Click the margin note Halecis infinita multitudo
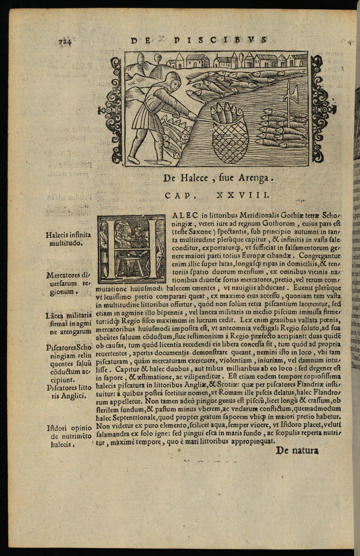tap(68, 239)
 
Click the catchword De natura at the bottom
tap(297, 450)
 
